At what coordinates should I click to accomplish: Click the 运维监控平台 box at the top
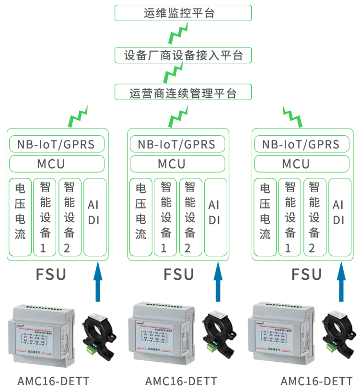point(183,13)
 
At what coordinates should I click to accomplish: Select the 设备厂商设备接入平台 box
point(183,55)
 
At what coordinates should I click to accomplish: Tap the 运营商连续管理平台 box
point(183,92)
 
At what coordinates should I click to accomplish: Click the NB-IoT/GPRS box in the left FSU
point(57,144)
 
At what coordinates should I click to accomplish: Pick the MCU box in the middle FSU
point(178,164)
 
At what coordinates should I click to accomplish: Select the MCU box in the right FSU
point(302,164)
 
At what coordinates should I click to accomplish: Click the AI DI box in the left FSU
point(94,217)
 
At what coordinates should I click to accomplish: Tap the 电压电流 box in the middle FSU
point(140,217)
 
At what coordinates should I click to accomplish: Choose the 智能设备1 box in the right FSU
point(290,217)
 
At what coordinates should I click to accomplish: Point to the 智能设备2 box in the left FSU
point(70,217)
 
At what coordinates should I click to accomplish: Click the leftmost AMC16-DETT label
point(53,381)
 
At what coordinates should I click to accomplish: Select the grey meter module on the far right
point(280,333)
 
